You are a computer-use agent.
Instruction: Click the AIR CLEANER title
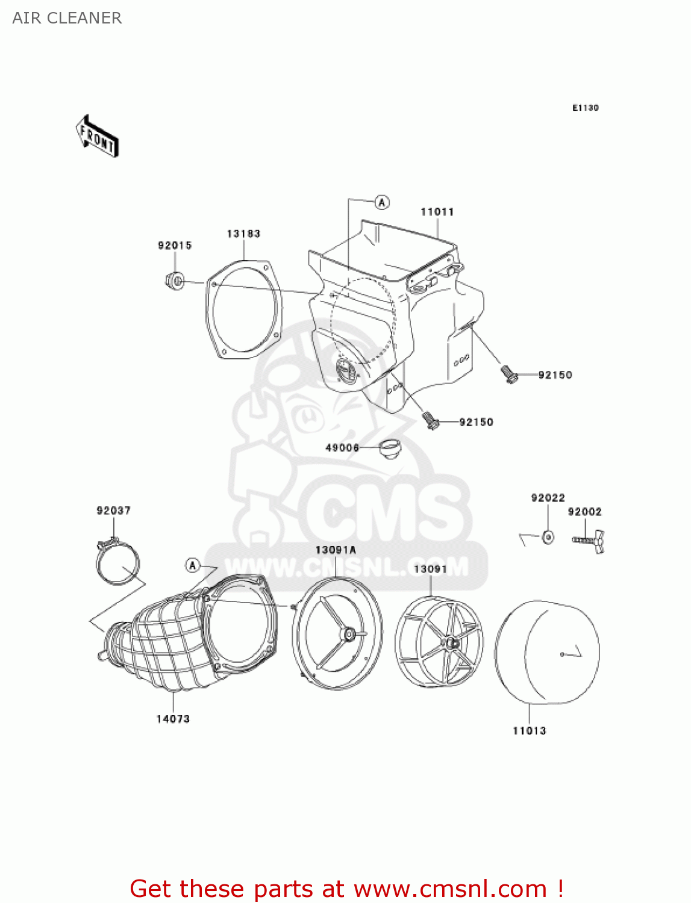pos(67,18)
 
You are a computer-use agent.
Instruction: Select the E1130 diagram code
pos(585,108)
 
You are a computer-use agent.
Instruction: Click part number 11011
pos(437,212)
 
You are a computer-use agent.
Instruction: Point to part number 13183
pos(243,234)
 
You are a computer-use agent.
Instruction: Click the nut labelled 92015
pos(174,280)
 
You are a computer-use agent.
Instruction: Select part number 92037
pos(113,510)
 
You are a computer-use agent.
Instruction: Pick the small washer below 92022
pos(548,537)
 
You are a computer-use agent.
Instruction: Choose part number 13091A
pos(336,550)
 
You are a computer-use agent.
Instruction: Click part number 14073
pos(173,719)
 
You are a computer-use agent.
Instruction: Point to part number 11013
pos(529,731)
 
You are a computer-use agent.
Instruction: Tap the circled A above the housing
pos(382,202)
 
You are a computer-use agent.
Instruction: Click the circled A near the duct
pos(193,565)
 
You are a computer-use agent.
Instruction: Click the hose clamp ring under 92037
pos(117,565)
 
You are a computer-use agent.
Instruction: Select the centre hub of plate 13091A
pos(347,635)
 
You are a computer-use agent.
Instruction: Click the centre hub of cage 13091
pos(451,644)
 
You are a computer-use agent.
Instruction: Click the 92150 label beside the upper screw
pos(555,375)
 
